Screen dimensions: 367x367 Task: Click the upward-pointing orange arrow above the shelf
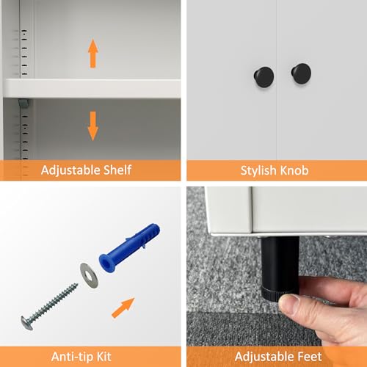click(x=93, y=53)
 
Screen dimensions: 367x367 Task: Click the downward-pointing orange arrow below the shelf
click(x=93, y=126)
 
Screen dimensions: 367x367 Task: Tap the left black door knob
click(x=264, y=76)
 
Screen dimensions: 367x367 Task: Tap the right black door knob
click(x=301, y=73)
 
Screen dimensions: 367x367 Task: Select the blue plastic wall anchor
click(x=129, y=247)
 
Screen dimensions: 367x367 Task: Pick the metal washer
click(x=89, y=275)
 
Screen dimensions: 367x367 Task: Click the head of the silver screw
click(x=26, y=323)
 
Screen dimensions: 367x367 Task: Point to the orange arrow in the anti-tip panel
click(x=123, y=308)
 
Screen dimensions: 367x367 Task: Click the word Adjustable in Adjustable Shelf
click(x=70, y=170)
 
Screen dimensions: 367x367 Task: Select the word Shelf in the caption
click(x=117, y=170)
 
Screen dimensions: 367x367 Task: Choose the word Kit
click(x=104, y=357)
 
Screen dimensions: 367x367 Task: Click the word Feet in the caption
click(x=309, y=357)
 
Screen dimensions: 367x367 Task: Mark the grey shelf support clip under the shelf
click(x=23, y=103)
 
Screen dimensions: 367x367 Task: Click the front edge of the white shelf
click(x=92, y=89)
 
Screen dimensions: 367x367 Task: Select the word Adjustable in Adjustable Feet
click(x=264, y=357)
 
